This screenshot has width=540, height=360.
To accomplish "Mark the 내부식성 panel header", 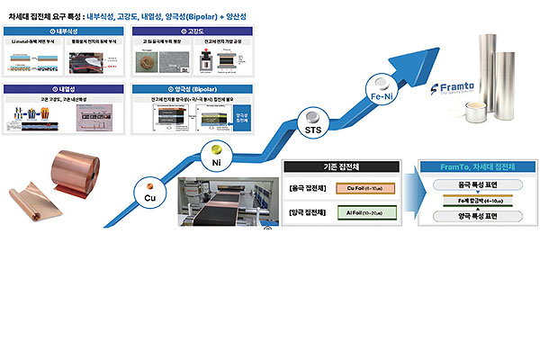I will (x=62, y=31).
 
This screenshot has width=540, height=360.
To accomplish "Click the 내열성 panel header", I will (x=62, y=87).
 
